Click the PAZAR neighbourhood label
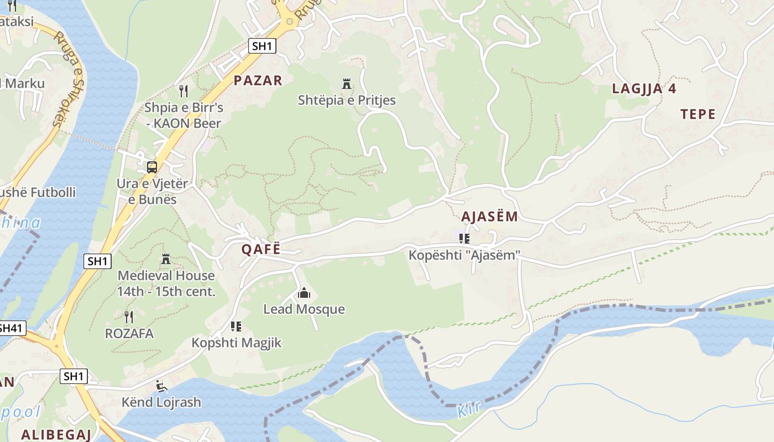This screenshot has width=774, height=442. click(258, 81)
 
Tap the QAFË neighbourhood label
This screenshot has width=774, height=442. click(261, 249)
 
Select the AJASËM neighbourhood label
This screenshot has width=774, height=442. click(489, 217)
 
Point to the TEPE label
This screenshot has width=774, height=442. click(698, 114)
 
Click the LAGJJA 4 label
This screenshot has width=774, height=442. click(644, 89)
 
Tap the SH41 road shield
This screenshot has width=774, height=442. click(11, 328)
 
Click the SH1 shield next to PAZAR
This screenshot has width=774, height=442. click(262, 46)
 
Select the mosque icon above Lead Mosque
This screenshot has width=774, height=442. click(304, 293)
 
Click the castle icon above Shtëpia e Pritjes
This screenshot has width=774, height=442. click(347, 85)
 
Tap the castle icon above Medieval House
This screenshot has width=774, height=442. click(165, 259)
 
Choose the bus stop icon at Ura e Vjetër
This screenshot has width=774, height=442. click(151, 167)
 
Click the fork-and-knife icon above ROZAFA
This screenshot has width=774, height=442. click(129, 317)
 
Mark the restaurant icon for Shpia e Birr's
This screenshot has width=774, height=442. click(184, 91)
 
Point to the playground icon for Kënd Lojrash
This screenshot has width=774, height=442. click(161, 386)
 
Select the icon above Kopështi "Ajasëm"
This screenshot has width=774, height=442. click(464, 239)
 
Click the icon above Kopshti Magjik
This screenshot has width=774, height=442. click(236, 326)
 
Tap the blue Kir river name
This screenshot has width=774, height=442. click(469, 409)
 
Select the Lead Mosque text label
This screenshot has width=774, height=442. click(304, 309)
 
